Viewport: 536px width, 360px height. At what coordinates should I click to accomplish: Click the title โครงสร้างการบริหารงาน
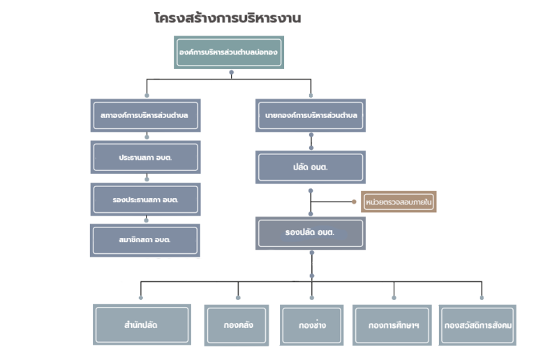click(228, 17)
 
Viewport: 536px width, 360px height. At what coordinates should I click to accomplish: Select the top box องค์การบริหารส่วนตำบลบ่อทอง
click(229, 52)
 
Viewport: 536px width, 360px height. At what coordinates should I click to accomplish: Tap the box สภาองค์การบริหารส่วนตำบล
click(145, 115)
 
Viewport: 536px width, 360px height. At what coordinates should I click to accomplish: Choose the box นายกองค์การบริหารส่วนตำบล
click(311, 115)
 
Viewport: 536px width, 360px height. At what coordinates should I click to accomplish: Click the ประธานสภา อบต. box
click(145, 157)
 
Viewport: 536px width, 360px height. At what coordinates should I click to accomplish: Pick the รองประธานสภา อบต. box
click(145, 200)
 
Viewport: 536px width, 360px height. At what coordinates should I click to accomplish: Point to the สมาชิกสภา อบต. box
click(145, 241)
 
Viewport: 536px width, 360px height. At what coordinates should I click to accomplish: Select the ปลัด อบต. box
click(311, 167)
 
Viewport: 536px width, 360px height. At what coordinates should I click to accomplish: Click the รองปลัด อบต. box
click(311, 233)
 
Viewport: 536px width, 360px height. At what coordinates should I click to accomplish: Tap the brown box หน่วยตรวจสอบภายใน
click(399, 202)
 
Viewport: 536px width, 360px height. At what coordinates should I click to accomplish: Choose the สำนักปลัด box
click(142, 325)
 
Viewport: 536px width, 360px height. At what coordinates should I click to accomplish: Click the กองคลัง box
click(237, 326)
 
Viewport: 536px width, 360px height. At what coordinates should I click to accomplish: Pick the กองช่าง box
click(312, 326)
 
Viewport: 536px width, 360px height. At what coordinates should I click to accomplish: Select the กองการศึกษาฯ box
click(392, 326)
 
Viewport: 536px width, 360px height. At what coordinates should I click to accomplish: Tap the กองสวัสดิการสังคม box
click(477, 326)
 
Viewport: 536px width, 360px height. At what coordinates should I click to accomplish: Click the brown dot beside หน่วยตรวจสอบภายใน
click(354, 202)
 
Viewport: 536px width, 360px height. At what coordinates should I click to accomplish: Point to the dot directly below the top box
click(232, 73)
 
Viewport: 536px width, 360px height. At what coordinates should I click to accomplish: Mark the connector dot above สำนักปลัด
click(141, 298)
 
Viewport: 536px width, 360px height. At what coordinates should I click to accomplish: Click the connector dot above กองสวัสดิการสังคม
click(482, 298)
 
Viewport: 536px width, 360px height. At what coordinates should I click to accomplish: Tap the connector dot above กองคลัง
click(238, 298)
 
